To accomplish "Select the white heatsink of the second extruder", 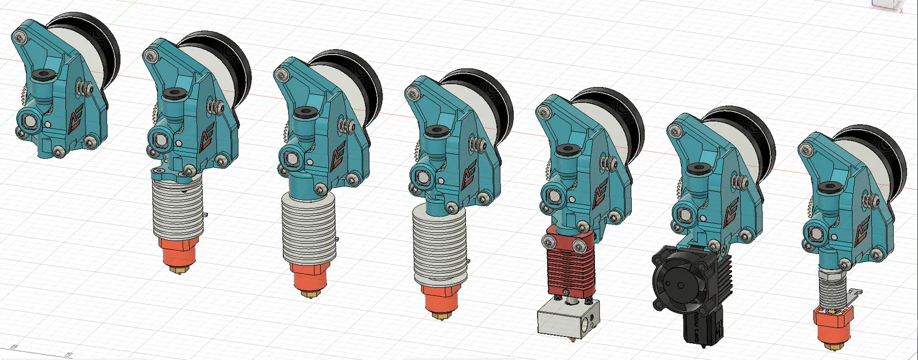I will [x=178, y=208].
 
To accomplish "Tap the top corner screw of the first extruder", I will [x=20, y=38].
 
